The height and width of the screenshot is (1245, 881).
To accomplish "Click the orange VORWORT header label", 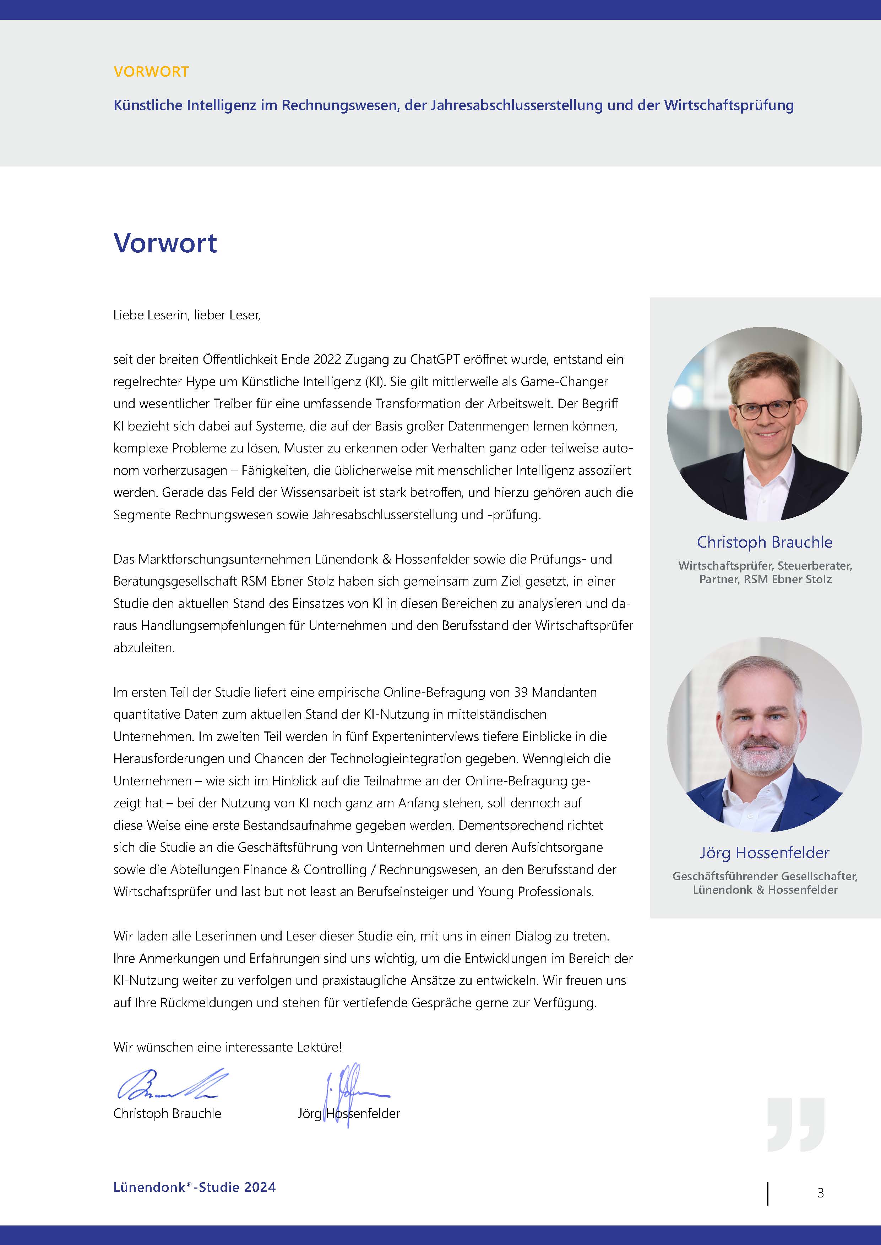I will click(x=151, y=72).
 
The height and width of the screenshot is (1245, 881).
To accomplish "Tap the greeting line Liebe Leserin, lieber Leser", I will click(x=187, y=315).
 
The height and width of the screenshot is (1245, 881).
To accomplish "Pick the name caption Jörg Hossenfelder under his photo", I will click(x=765, y=853).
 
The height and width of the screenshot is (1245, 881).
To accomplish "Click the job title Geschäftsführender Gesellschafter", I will click(x=765, y=876).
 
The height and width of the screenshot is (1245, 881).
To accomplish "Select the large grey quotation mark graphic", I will click(x=796, y=1125).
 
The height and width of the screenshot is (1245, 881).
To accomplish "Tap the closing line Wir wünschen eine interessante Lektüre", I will click(x=227, y=1047).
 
